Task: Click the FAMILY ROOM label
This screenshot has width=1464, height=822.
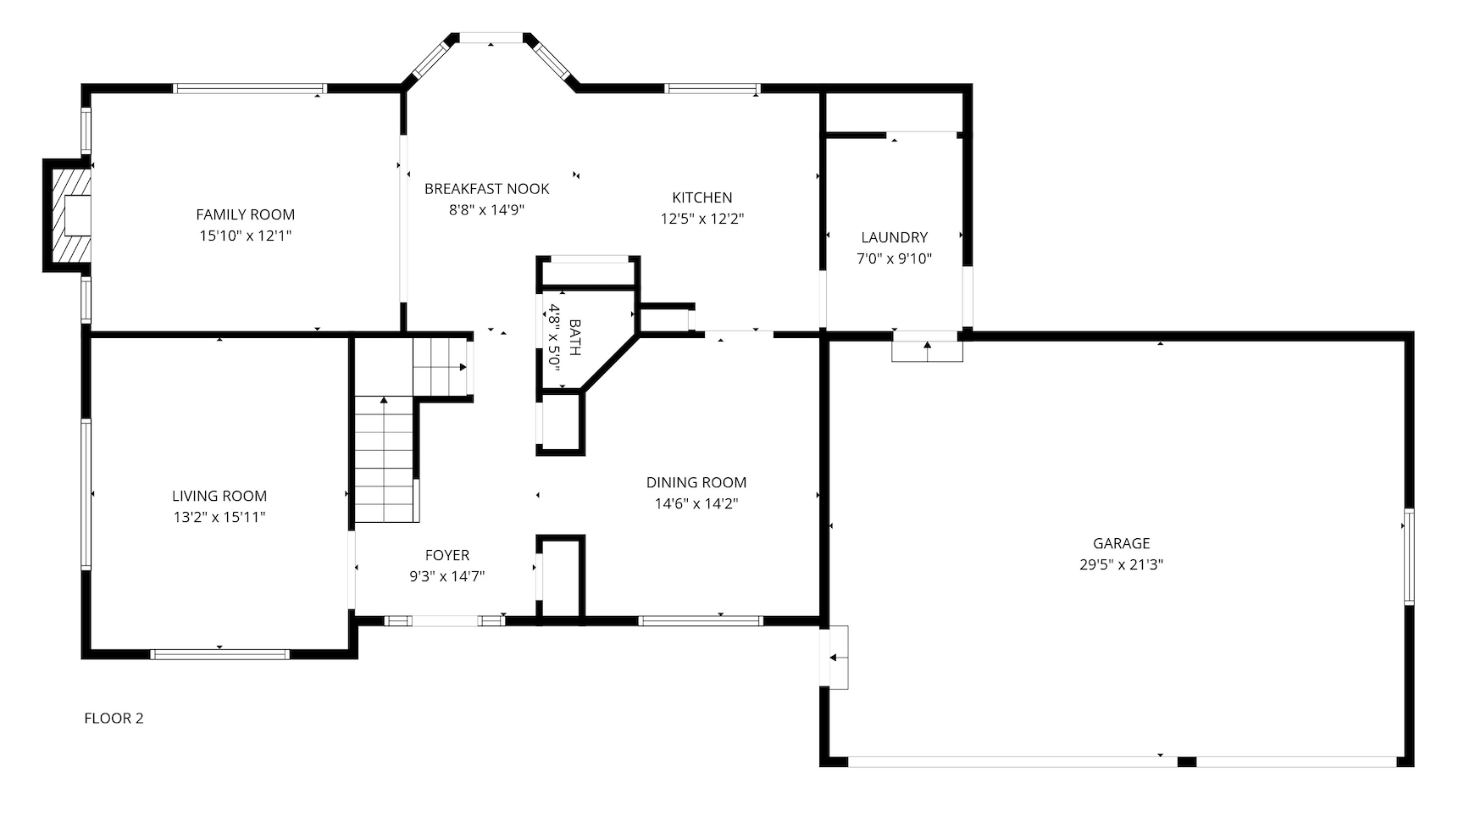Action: tap(246, 215)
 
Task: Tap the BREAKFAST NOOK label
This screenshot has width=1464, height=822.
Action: tap(487, 189)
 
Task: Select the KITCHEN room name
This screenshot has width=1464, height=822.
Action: tap(702, 197)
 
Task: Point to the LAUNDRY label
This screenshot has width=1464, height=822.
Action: tap(895, 237)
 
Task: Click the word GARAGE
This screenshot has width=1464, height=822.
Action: tap(1122, 543)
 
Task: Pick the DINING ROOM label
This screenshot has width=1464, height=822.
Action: tap(696, 482)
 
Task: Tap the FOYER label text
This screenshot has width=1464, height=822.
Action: tap(447, 555)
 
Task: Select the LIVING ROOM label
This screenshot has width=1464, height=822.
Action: tap(219, 496)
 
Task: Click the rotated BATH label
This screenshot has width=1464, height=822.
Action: tap(575, 337)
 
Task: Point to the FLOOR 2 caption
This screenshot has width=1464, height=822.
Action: tap(114, 719)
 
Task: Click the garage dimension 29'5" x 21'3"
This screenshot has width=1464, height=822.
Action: tap(1122, 564)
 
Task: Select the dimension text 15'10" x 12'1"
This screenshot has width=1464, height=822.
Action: tap(246, 236)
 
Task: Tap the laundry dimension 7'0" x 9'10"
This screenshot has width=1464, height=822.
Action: tap(895, 258)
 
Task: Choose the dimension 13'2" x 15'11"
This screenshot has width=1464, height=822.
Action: tap(219, 517)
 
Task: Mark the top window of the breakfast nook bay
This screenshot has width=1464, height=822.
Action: tap(491, 37)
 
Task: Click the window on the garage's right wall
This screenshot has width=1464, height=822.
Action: tap(1409, 556)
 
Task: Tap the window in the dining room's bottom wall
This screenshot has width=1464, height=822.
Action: tap(701, 621)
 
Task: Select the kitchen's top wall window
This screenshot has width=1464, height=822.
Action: tap(712, 88)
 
